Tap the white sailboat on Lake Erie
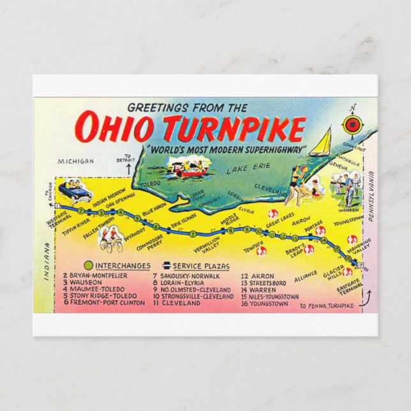[x=321, y=141]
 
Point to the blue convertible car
[x=75, y=190]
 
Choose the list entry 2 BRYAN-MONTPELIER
[x=95, y=276]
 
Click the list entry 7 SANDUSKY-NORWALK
[x=185, y=276]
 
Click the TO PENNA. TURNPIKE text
[x=325, y=306]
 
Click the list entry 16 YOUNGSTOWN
[x=264, y=304]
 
